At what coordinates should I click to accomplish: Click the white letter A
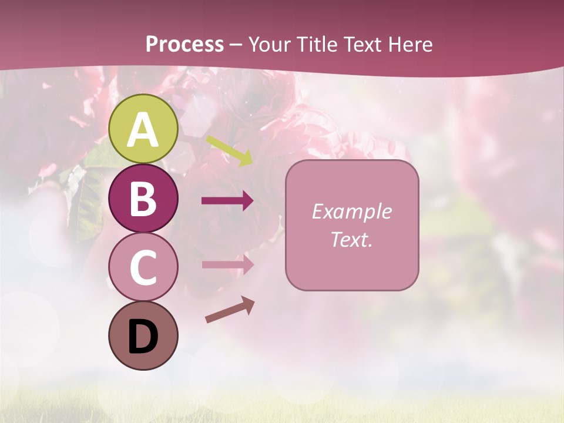143,130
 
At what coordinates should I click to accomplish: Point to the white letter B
143,199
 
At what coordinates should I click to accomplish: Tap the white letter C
143,268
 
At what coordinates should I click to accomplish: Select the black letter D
143,337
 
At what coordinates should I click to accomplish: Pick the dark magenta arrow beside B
227,201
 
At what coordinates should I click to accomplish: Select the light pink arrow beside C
227,264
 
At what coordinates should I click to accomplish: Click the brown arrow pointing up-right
230,310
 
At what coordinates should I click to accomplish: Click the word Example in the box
351,211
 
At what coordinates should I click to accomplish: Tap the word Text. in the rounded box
351,239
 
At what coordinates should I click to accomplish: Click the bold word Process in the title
184,45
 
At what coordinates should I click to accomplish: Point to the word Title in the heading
315,45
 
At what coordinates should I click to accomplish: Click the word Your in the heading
269,45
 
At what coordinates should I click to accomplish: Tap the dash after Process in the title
236,45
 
